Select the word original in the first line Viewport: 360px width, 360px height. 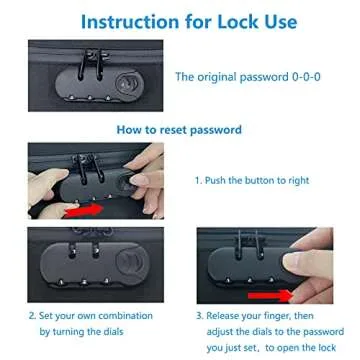pyautogui.click(x=219, y=77)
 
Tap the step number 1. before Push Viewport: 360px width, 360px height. pyautogui.click(x=197, y=180)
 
